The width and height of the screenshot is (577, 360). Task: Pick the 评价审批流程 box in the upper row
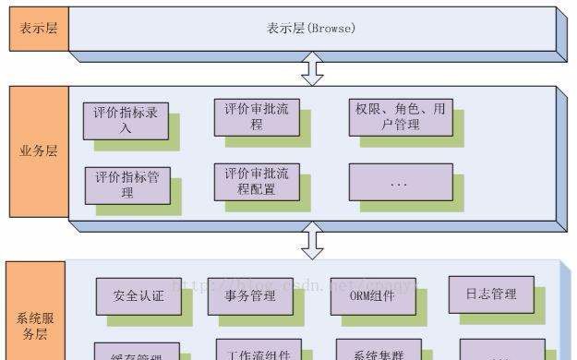tap(257, 116)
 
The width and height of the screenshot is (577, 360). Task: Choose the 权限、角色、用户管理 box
tap(399, 116)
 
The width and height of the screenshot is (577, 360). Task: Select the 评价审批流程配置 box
tap(257, 182)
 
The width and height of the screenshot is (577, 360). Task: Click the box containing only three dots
tap(399, 183)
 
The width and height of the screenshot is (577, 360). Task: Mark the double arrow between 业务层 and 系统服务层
tap(314, 240)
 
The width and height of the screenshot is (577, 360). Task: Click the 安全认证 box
tap(138, 296)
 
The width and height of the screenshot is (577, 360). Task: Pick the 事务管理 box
tap(249, 296)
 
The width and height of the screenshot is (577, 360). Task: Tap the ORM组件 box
tap(372, 296)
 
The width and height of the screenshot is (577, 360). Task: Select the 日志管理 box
tap(490, 294)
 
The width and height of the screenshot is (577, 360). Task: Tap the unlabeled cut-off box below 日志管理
tap(489, 354)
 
